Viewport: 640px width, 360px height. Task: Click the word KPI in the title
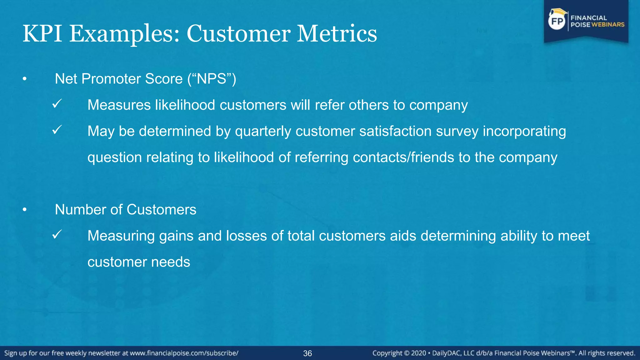42,34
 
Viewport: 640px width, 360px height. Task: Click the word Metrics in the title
337,34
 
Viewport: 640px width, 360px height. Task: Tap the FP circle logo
557,21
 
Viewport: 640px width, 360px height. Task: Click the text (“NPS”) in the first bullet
212,79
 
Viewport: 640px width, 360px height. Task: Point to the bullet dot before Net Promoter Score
25,79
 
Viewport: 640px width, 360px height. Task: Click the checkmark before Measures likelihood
57,104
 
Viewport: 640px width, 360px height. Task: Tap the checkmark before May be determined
57,130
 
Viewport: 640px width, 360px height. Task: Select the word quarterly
263,131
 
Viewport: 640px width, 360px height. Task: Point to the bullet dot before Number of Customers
25,210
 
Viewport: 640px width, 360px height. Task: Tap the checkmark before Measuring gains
57,234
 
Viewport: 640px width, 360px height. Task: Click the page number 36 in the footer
307,353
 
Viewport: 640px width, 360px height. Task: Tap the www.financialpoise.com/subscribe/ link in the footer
184,353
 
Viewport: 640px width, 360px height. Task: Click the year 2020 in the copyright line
418,353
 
